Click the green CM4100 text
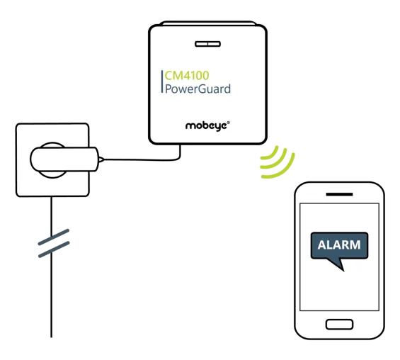coord(187,75)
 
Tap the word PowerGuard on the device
coord(198,89)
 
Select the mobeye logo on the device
coord(206,126)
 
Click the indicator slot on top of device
coord(207,44)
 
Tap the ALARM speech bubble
coord(339,246)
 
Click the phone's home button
coord(339,325)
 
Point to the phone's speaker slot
coord(339,194)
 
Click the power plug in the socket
coord(64,159)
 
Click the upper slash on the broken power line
coord(54,237)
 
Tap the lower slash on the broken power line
coord(54,249)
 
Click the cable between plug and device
coord(143,160)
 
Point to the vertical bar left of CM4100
coord(161,81)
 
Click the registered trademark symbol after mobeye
coord(228,123)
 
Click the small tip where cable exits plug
coord(101,159)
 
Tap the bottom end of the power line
coord(52,337)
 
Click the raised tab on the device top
coord(208,23)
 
